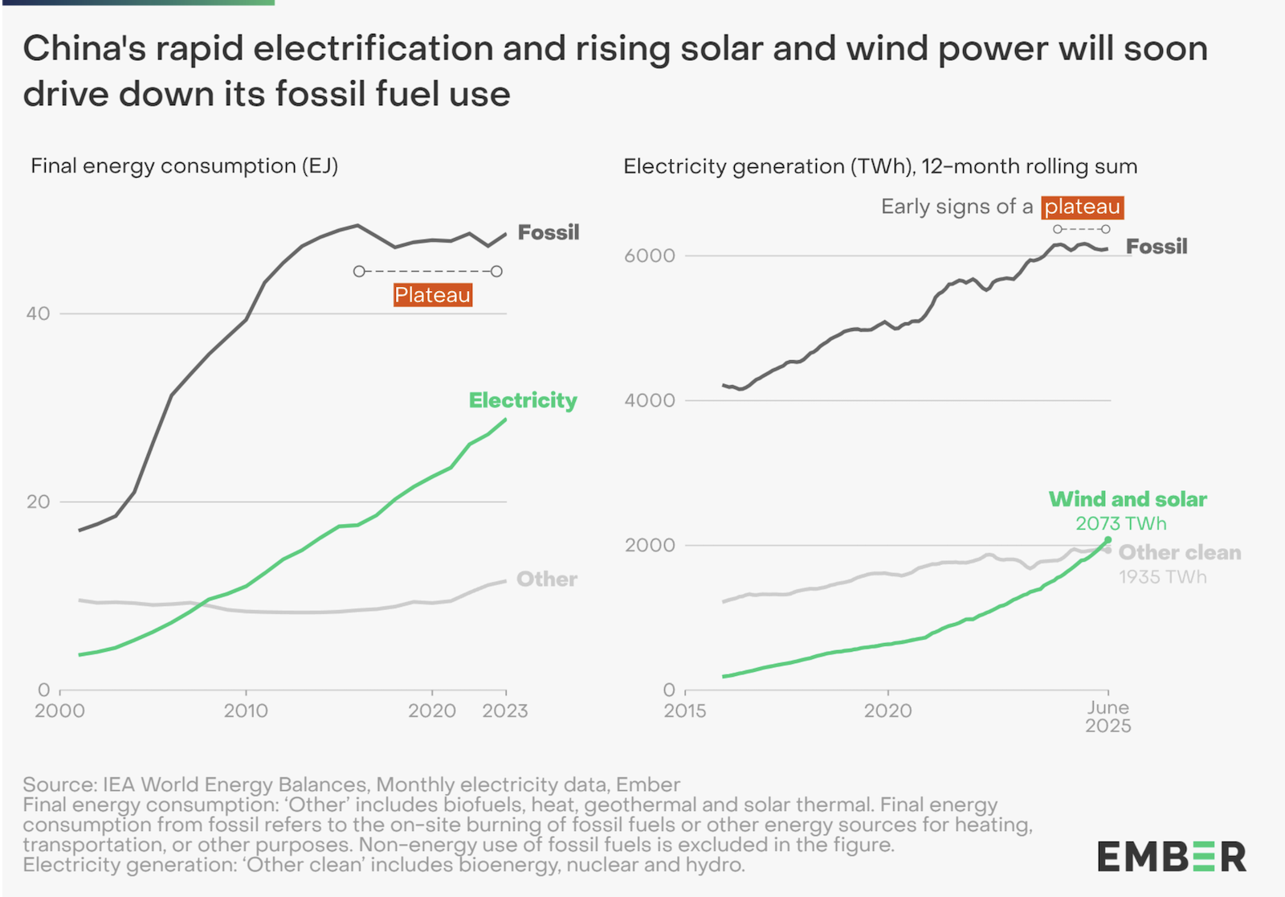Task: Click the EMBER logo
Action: (x=1171, y=857)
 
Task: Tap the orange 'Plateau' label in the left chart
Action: (x=433, y=295)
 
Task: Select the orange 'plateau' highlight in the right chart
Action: (x=1082, y=207)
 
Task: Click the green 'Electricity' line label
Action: (x=523, y=400)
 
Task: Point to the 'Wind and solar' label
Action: (x=1128, y=499)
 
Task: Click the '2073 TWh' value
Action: (x=1120, y=524)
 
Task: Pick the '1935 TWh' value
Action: (x=1162, y=577)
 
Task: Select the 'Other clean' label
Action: (x=1179, y=553)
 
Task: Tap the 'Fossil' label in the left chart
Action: (x=548, y=232)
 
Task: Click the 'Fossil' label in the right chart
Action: (x=1156, y=247)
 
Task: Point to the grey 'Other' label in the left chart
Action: (x=546, y=580)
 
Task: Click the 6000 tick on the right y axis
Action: (x=649, y=256)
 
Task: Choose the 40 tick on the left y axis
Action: (x=38, y=313)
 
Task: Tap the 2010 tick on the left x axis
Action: (x=246, y=711)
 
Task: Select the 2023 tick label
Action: (x=504, y=711)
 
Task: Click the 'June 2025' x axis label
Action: (x=1108, y=717)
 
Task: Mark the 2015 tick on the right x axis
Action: (x=684, y=711)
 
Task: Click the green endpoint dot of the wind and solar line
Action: (x=1108, y=539)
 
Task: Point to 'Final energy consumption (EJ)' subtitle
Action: (x=184, y=166)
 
